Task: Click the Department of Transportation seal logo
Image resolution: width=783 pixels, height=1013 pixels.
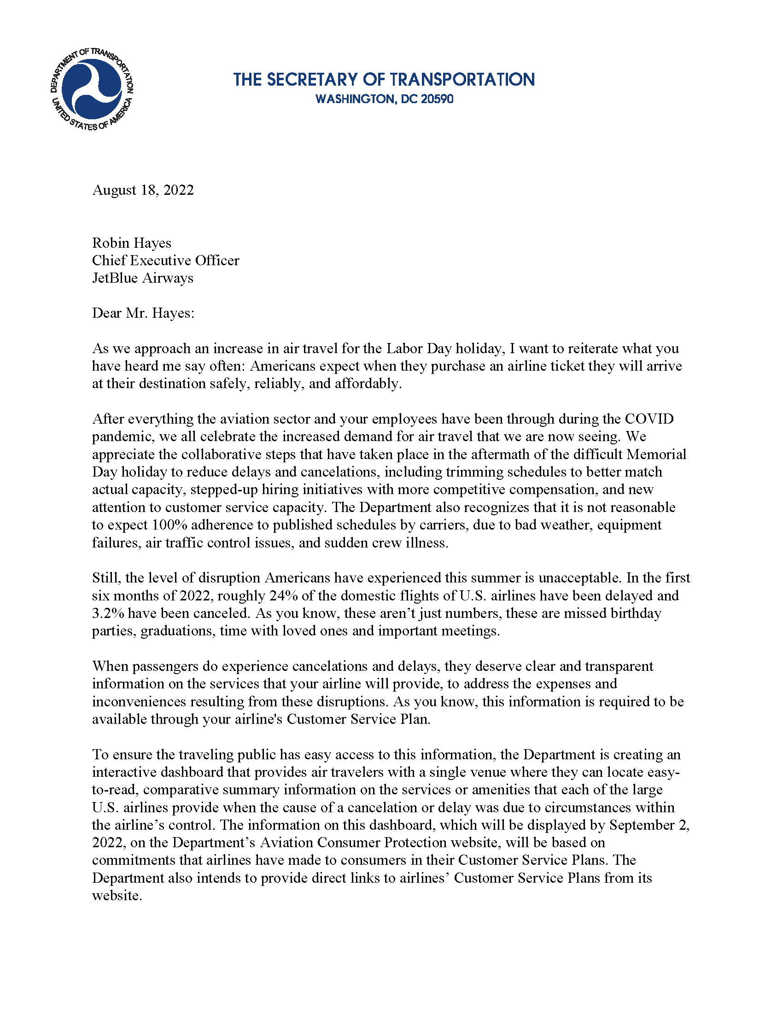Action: pos(92,88)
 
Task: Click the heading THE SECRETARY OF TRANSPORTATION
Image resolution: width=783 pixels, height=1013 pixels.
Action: pos(384,79)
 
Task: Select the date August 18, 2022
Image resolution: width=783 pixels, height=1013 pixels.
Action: pos(143,190)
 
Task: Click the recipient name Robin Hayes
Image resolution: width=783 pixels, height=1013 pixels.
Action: pos(132,243)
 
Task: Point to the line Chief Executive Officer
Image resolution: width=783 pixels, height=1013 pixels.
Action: pos(166,261)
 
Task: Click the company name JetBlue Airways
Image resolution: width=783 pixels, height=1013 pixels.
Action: pos(142,278)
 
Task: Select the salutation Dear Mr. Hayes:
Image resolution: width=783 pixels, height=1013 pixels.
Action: pos(143,314)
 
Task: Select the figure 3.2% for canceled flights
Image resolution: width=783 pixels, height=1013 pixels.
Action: pos(108,613)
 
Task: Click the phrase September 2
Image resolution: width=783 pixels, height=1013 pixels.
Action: pos(649,825)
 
